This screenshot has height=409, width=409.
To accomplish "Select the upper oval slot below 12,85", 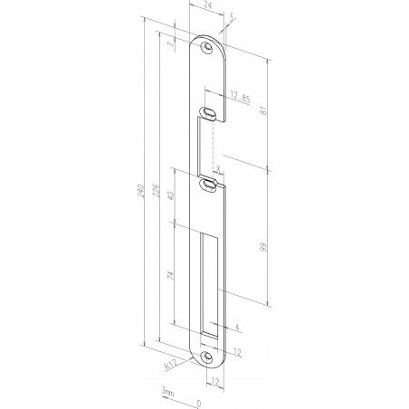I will pyautogui.click(x=209, y=112).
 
